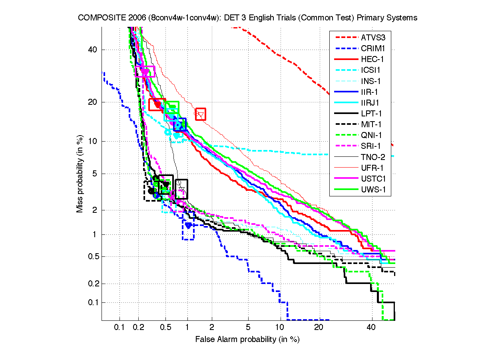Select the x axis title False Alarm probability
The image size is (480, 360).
[247, 340]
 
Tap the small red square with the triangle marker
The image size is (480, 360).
[201, 114]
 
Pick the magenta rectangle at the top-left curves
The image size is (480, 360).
[145, 71]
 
